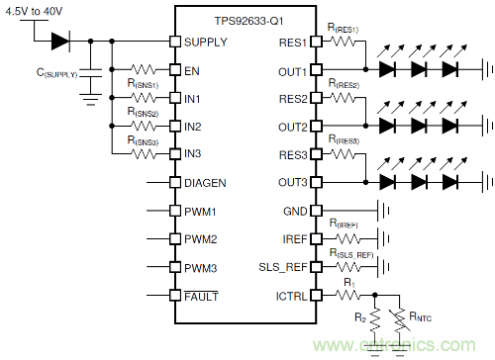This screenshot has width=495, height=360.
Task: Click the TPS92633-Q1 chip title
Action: [x=248, y=21]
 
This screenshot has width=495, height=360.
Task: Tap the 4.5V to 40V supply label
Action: [x=34, y=12]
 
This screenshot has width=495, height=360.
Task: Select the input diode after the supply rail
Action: [x=60, y=42]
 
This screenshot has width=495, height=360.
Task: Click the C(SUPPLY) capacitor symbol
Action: [x=91, y=73]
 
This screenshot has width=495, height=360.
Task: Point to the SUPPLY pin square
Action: [x=175, y=42]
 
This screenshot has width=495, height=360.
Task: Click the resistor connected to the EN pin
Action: [x=144, y=69]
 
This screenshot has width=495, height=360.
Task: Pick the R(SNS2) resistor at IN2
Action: [x=144, y=126]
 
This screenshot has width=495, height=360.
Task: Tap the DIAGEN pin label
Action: [x=205, y=183]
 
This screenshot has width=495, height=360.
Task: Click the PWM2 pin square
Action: [x=175, y=238]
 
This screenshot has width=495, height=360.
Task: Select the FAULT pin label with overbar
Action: [x=201, y=297]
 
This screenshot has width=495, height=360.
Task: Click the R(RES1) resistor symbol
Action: [x=344, y=42]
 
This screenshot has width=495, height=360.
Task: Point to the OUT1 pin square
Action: [x=317, y=69]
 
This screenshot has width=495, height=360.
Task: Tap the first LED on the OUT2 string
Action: [x=388, y=126]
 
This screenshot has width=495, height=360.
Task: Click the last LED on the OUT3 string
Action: [x=450, y=182]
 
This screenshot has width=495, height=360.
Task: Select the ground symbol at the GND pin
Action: [x=384, y=211]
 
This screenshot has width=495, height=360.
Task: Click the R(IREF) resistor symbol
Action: [x=347, y=238]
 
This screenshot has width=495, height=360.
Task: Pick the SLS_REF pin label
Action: [x=283, y=267]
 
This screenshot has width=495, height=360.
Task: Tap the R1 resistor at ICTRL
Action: [x=347, y=295]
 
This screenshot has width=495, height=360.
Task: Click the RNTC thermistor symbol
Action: [x=400, y=319]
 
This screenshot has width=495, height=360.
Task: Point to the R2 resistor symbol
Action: [x=375, y=319]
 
